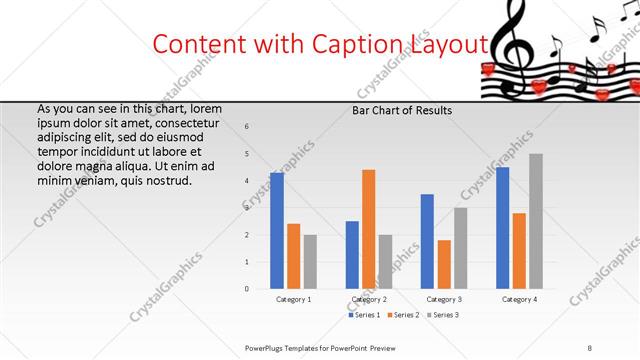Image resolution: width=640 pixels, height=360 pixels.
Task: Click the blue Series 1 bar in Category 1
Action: (277, 231)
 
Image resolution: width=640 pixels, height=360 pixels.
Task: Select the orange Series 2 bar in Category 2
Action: (369, 229)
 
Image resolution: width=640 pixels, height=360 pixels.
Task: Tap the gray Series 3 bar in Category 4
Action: (536, 221)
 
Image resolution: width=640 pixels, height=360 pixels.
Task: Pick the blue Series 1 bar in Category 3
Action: (427, 241)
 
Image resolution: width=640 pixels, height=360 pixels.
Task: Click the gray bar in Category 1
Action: (310, 262)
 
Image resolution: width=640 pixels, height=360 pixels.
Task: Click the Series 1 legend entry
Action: (363, 315)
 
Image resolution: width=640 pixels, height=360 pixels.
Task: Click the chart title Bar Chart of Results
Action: (402, 110)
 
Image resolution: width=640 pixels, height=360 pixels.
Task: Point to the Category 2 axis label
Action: (369, 299)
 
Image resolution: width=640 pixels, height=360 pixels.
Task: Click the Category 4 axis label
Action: (519, 299)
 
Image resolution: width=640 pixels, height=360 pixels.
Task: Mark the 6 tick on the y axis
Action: (247, 126)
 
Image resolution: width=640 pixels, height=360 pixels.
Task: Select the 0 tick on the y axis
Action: (247, 289)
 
